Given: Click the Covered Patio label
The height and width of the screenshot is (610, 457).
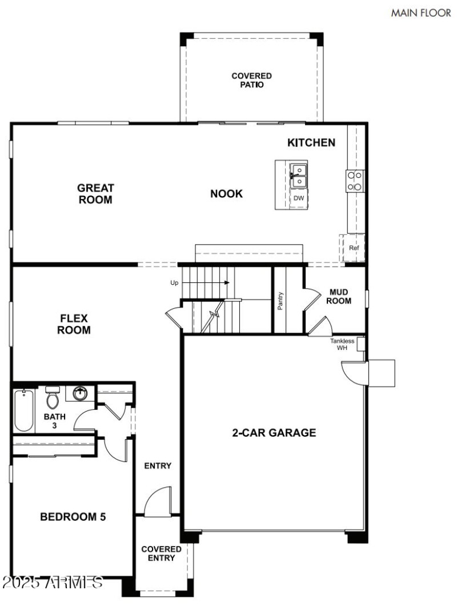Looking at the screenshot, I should tap(251, 80).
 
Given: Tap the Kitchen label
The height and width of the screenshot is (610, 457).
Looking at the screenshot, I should tap(311, 142).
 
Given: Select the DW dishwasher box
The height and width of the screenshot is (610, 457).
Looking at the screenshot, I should tap(298, 198).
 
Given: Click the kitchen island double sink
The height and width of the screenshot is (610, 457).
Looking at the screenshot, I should tap(298, 176).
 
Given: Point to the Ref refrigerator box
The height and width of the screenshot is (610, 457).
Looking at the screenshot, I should tap(354, 248).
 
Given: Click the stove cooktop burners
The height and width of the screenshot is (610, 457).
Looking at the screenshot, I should tap(354, 181).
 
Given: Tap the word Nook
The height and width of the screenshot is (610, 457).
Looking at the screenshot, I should tap(226, 194).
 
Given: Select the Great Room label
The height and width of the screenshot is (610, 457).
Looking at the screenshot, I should tap(95, 194).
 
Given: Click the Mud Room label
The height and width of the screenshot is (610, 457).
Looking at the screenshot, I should tap(339, 296).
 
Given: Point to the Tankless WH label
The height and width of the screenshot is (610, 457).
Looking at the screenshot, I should tap(342, 344).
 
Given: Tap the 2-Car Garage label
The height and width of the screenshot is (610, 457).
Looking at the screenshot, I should tap(274, 433).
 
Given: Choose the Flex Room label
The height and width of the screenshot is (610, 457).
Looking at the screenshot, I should tap(74, 324).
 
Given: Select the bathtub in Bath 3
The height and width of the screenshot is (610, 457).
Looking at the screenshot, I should tap(23, 410).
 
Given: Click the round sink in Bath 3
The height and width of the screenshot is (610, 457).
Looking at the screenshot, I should tap(80, 394).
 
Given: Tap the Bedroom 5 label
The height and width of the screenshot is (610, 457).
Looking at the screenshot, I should tap(73, 517).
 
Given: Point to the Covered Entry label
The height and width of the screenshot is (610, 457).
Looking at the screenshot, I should tap(162, 553).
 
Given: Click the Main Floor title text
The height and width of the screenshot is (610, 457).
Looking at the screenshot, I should tap(420, 13).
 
